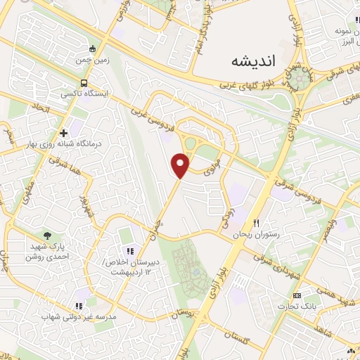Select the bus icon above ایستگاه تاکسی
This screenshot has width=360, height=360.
[x=85, y=81]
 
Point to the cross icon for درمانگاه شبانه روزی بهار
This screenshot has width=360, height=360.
[x=64, y=132]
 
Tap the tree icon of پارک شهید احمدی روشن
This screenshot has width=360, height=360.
[x=48, y=236]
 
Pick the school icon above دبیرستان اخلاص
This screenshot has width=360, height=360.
[x=129, y=251]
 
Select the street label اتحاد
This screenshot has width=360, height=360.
[x=37, y=108]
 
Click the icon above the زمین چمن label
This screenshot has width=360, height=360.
[x=93, y=49]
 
